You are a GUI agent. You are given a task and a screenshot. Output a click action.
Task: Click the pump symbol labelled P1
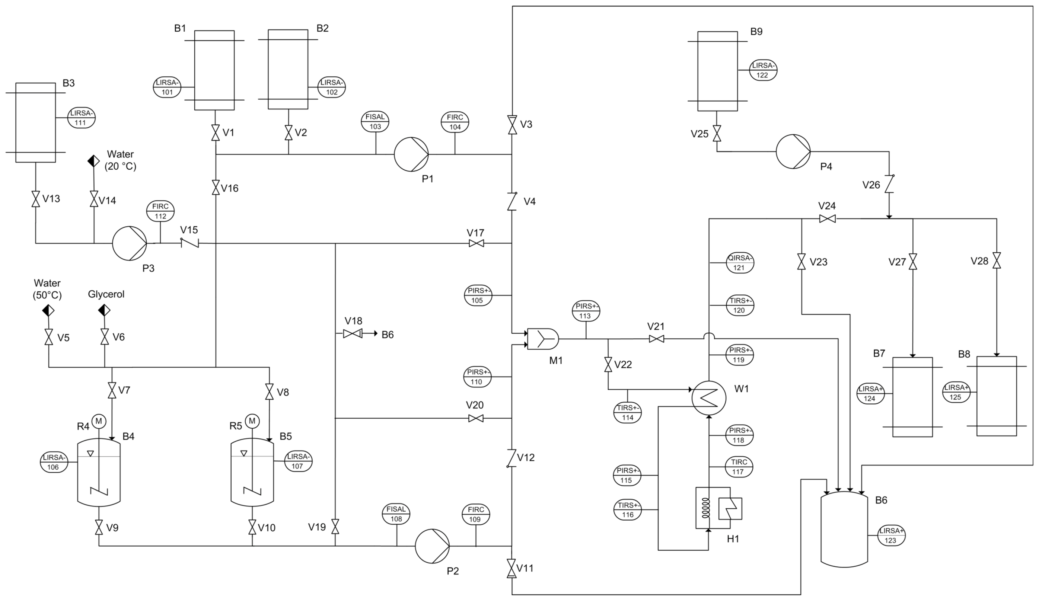pos(411,154)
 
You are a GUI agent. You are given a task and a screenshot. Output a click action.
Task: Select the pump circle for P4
pos(793,151)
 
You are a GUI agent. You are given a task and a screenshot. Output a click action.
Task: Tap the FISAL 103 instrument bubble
pos(375,122)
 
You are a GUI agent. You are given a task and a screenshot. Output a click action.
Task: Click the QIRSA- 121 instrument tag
pos(740,263)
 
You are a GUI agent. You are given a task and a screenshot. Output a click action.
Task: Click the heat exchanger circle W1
pos(708,398)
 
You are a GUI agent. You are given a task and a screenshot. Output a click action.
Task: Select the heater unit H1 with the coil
pos(718,508)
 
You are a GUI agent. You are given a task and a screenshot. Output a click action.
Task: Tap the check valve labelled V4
pos(512,202)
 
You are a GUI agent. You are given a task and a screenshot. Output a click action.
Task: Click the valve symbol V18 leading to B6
pos(353,333)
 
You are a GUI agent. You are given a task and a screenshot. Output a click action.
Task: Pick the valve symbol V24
pos(827,218)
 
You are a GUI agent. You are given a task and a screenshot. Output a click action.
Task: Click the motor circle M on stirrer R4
pos(99,421)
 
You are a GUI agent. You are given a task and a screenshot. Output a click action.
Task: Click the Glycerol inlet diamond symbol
pos(104,310)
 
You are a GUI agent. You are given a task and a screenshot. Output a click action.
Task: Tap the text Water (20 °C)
pos(121,160)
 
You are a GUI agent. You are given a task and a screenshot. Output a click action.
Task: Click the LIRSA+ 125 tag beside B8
pos(956,392)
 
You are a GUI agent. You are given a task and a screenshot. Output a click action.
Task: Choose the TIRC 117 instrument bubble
pos(739,467)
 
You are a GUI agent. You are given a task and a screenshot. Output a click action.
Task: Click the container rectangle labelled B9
pos(717,71)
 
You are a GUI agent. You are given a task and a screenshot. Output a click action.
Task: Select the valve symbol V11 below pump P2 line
pos(511,568)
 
